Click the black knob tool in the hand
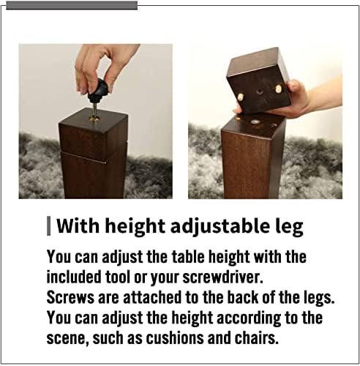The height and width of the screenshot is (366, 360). click(99, 90)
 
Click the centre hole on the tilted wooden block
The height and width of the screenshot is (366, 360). click(259, 91)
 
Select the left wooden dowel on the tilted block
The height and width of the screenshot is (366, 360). click(241, 97)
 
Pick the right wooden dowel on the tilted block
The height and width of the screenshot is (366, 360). click(279, 89)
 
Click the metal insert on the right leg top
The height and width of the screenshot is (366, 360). click(255, 122)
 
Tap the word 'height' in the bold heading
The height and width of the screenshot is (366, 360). click(135, 226)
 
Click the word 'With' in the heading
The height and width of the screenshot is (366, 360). click(78, 226)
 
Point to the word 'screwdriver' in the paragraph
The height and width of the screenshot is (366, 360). click(222, 277)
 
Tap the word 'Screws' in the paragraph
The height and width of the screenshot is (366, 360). click(70, 297)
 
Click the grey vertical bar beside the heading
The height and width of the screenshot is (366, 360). click(49, 226)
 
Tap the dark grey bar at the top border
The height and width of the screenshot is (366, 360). click(72, 5)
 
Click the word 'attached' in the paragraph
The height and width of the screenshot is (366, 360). click(152, 297)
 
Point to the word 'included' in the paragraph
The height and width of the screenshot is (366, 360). click(74, 277)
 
